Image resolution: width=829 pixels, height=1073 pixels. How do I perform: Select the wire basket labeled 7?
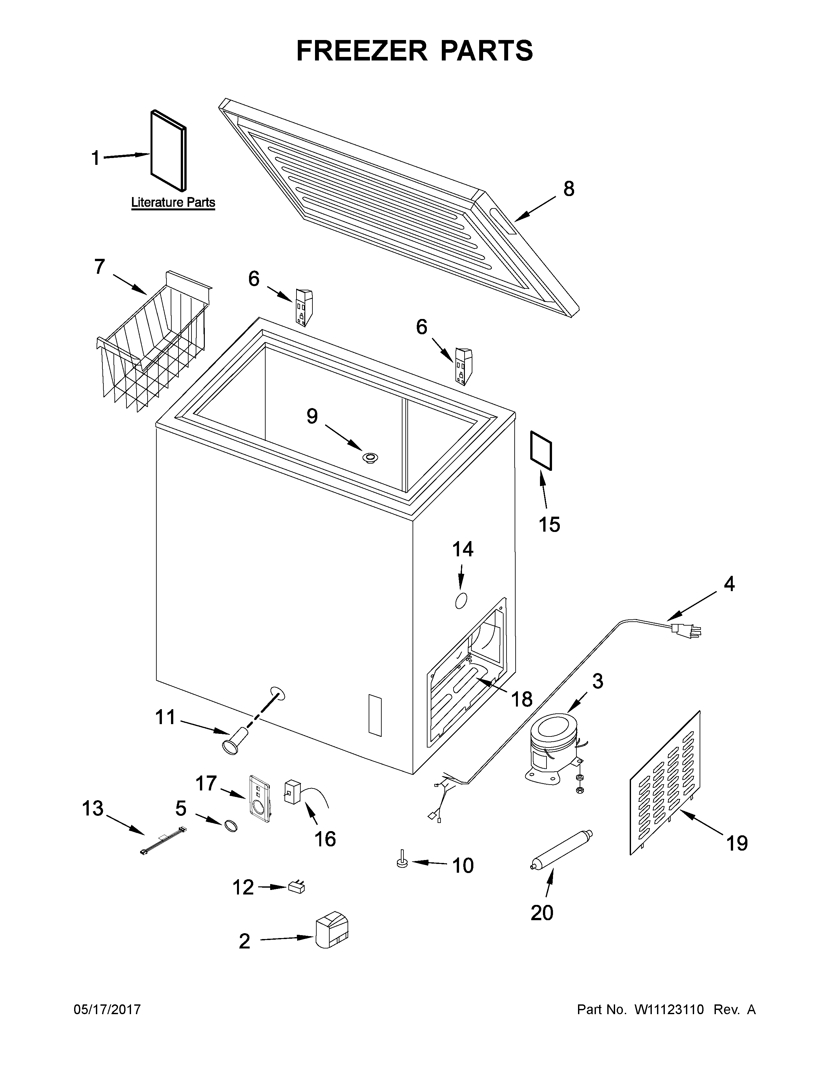(155, 344)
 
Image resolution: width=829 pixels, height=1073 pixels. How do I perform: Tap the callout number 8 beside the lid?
(568, 189)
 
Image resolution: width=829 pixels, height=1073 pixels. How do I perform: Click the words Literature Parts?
(173, 203)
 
